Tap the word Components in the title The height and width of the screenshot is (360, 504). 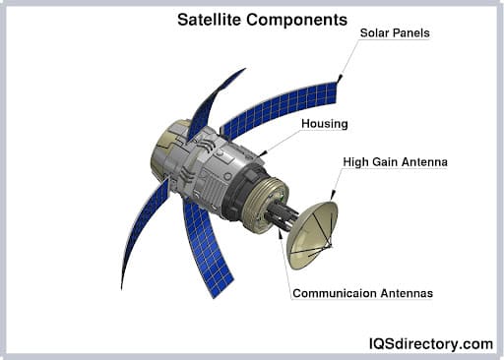click(x=300, y=19)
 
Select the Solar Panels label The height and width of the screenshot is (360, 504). click(x=394, y=32)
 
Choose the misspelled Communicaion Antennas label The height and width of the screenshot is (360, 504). click(x=362, y=292)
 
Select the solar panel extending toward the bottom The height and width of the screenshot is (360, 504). click(x=207, y=246)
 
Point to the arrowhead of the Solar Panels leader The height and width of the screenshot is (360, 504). click(x=340, y=78)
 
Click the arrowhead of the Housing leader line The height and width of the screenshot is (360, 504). click(x=263, y=152)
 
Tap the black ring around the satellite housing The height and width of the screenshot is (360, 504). click(x=236, y=196)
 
